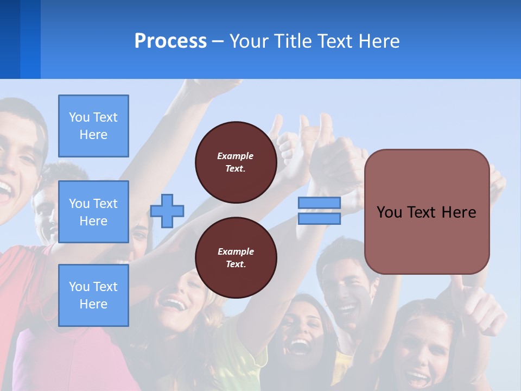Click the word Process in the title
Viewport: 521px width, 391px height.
coord(170,41)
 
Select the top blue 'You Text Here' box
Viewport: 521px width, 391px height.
coord(93,126)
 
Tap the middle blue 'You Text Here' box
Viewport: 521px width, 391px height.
coord(93,212)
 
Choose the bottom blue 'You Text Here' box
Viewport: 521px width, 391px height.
coord(93,295)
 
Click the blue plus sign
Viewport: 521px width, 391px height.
coord(167,211)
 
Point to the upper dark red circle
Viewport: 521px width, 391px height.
coord(236,162)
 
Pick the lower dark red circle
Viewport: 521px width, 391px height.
coord(236,258)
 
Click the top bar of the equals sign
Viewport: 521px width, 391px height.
coord(319,203)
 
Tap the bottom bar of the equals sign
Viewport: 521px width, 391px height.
coord(319,219)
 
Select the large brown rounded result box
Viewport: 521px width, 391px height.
coord(427,212)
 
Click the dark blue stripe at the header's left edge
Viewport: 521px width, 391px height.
coord(10,39)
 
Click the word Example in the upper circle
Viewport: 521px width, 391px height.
coord(236,156)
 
